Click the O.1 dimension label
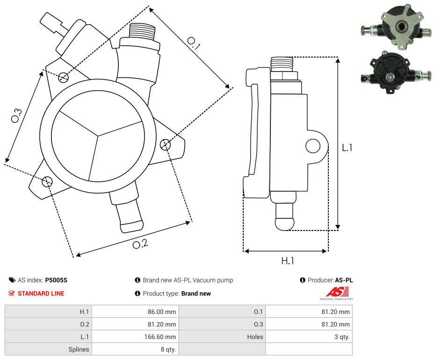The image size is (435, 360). pos(194,43)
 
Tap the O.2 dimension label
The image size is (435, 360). pos(140,244)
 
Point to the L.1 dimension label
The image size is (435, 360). pos(347,148)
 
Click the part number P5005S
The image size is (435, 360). pos(56,281)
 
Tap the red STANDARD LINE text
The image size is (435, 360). pos(41,294)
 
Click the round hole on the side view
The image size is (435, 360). pos(313,146)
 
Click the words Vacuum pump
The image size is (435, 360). pos(217,281)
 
